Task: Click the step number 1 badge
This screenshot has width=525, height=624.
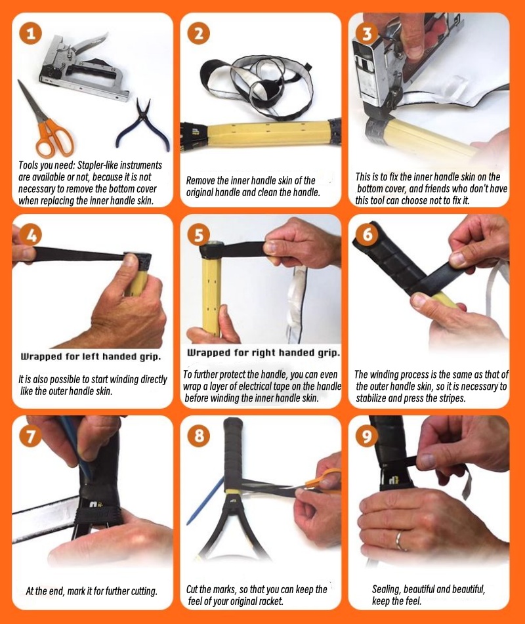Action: coord(31,33)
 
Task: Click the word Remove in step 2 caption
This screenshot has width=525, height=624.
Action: coord(200,180)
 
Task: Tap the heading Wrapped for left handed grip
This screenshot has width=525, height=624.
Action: coord(91,356)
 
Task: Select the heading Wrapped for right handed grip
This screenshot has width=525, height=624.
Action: coord(264,352)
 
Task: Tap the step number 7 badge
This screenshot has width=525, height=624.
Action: coord(31,436)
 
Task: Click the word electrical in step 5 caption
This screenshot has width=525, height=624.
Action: coord(257,386)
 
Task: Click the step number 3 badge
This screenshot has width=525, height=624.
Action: coord(367,33)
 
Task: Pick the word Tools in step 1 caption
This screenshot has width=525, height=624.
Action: coord(29,165)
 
